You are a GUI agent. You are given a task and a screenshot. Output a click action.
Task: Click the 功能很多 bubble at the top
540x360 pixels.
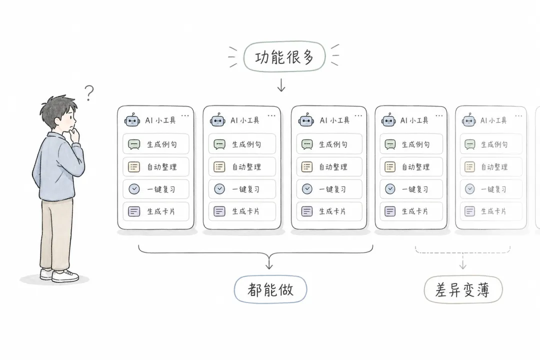coord(284,57)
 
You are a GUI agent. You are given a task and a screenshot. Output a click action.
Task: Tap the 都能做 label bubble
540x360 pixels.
coord(270,289)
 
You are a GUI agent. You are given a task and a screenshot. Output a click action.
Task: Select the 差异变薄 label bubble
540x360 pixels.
coord(463,289)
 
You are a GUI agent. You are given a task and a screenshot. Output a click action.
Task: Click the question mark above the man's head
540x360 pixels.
coord(89,92)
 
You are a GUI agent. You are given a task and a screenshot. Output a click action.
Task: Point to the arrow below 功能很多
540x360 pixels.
coord(281,85)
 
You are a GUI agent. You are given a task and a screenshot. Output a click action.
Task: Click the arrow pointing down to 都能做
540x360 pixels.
coord(269,261)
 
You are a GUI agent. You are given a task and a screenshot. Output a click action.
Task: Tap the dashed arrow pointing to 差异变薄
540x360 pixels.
coord(462,261)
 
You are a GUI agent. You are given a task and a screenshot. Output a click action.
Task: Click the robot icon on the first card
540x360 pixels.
coord(132,120)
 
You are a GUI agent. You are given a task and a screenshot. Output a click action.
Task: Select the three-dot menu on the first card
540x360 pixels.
coord(185,116)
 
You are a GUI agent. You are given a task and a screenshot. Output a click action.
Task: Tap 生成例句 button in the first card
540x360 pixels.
coord(155,144)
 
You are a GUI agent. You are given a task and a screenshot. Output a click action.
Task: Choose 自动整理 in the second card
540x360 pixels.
coord(242,166)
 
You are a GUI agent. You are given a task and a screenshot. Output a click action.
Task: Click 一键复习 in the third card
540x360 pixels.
coord(329,189)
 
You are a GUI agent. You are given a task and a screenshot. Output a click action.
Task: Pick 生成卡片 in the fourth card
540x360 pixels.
coord(411,211)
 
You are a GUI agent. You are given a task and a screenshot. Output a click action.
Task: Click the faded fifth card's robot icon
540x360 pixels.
coord(469,120)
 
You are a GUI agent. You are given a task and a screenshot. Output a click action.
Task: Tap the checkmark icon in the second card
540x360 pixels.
coord(219,189)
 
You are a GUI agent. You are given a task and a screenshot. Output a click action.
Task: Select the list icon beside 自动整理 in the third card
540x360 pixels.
coord(307,166)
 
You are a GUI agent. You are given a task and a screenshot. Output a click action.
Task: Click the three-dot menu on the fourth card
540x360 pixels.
coord(439,116)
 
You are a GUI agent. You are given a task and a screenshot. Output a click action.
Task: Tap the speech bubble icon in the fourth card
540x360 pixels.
coord(390,144)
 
